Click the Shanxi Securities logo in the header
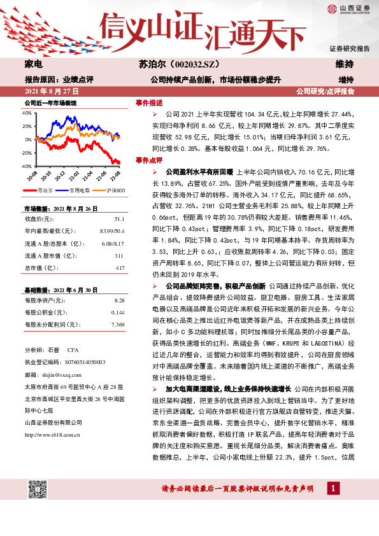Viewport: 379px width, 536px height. pos(348,8)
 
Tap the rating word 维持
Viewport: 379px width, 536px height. pos(345,64)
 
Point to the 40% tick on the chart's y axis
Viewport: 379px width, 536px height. pos(27,113)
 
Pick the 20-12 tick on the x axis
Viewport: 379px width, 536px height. pos(61,175)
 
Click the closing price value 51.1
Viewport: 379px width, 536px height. pos(120,218)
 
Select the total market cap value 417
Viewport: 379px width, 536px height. pos(120,267)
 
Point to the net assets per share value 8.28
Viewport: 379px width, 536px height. pos(119,299)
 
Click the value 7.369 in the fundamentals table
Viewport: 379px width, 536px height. pos(118,325)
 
